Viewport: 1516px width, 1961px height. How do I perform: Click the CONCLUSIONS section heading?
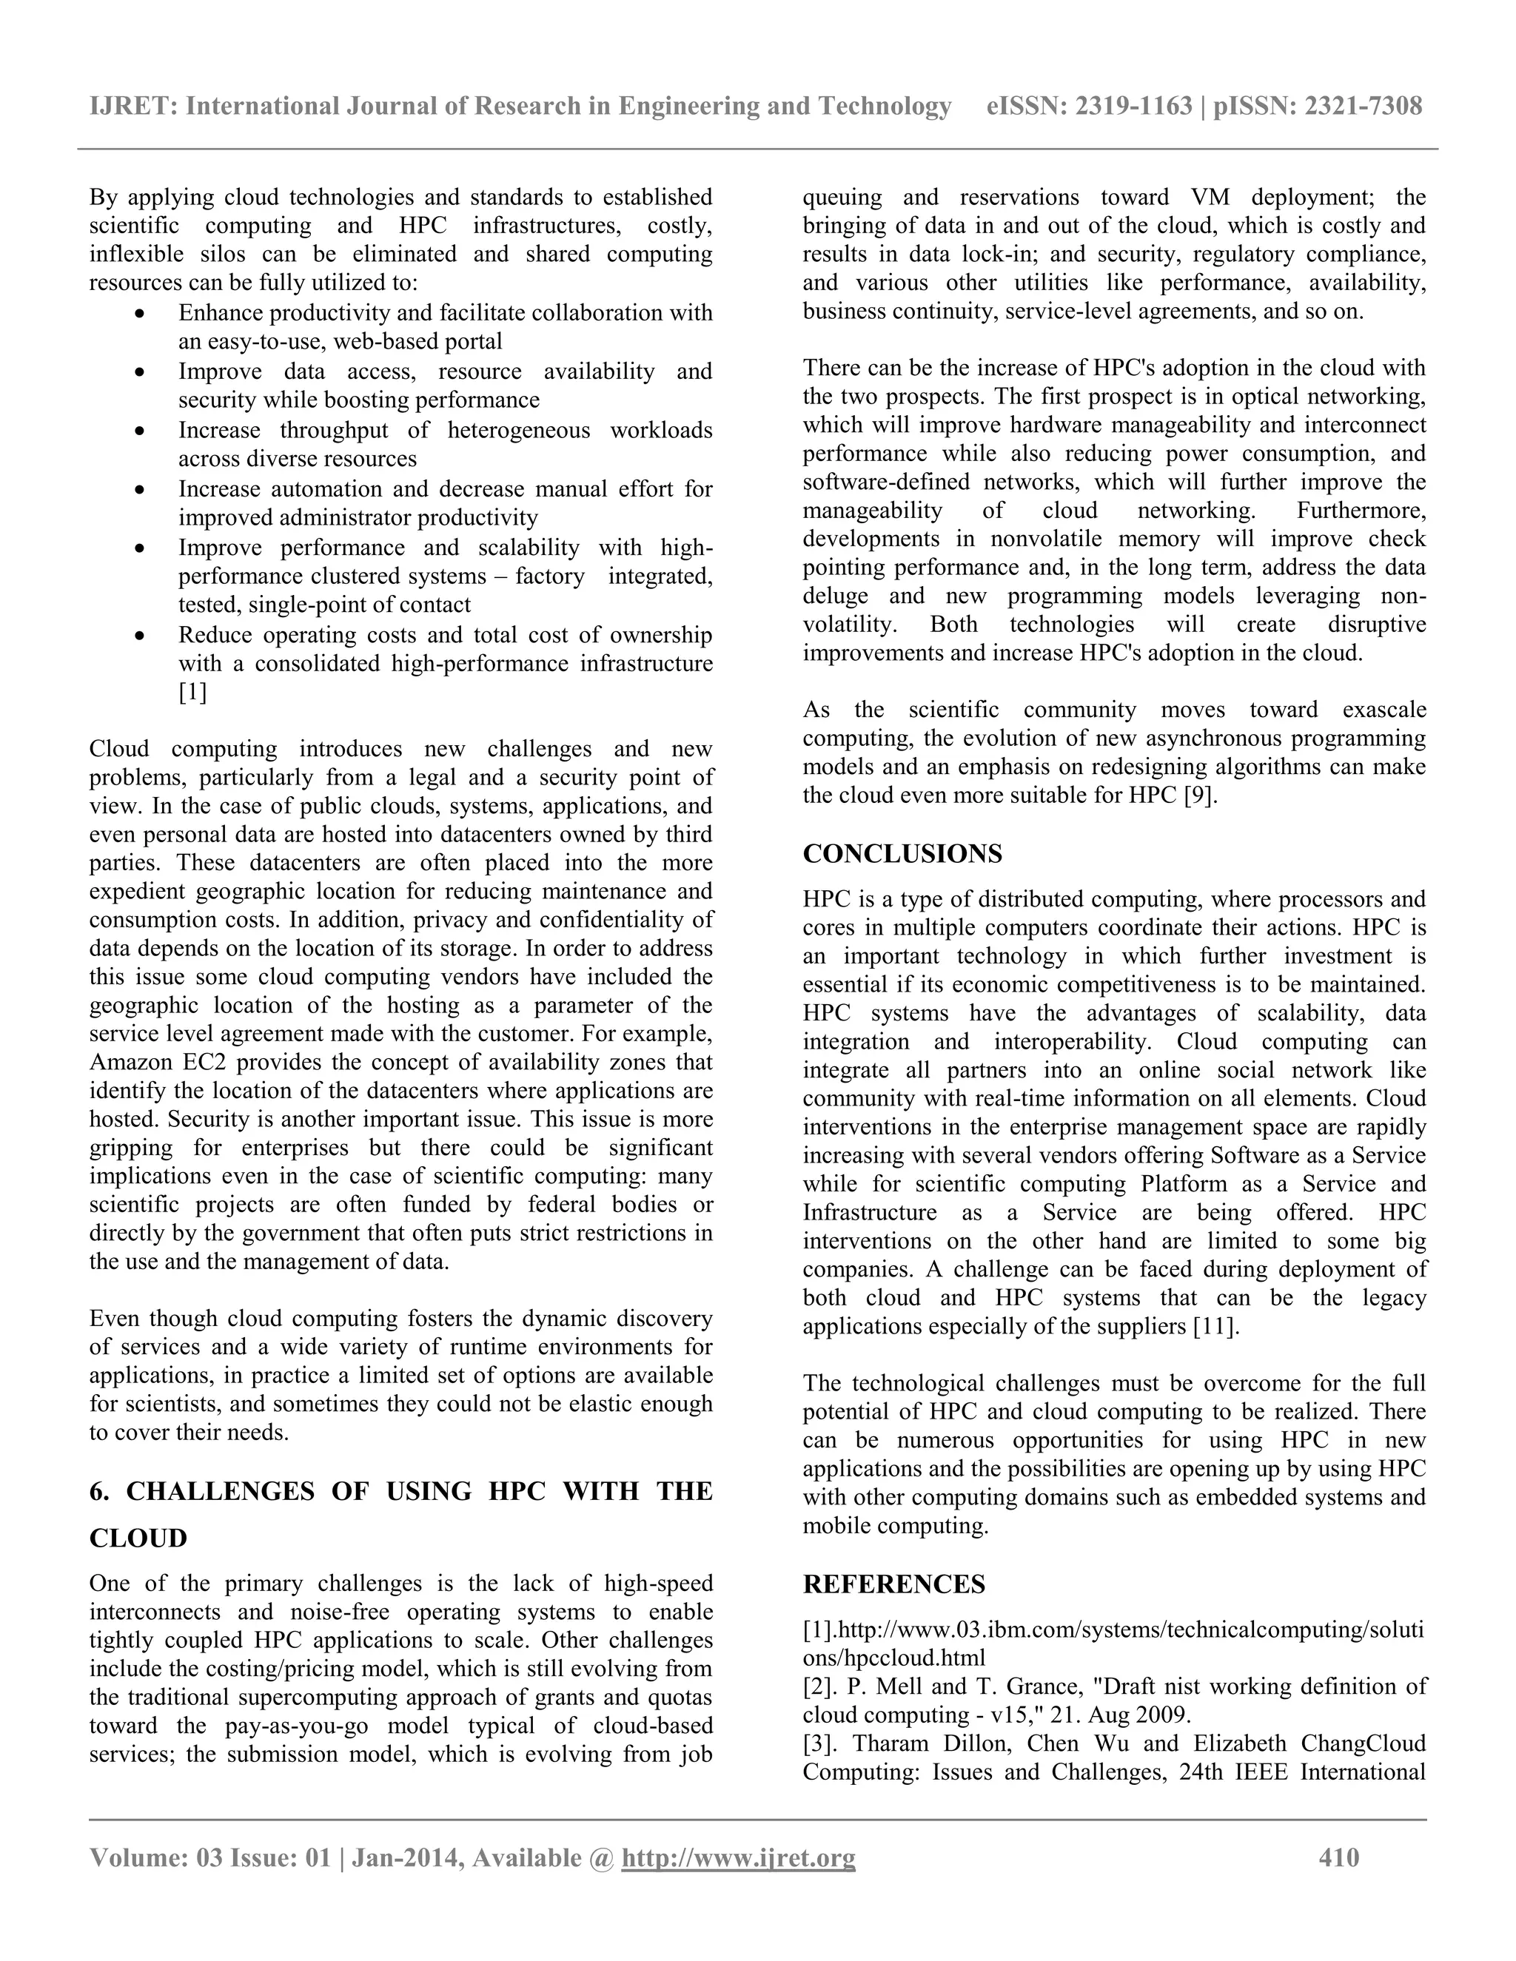(x=902, y=854)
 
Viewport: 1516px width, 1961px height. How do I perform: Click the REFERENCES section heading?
(x=893, y=1584)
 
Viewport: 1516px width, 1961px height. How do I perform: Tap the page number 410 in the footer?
(x=1338, y=1857)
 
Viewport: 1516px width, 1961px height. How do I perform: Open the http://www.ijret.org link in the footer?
(x=738, y=1857)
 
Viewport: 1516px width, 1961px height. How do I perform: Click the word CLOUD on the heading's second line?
(x=138, y=1538)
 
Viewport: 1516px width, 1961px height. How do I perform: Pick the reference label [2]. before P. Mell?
(x=821, y=1686)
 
